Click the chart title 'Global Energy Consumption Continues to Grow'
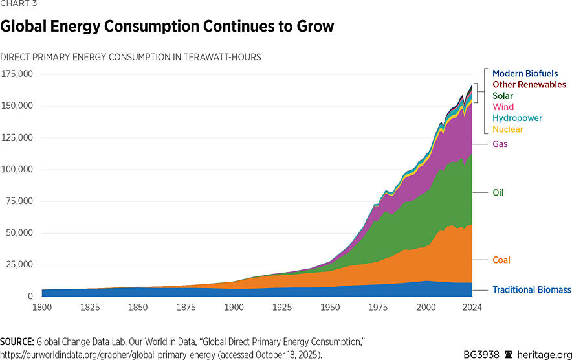click(167, 27)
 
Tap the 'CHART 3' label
click(19, 4)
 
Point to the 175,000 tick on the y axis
click(17, 74)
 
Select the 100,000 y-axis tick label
click(17, 170)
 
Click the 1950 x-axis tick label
click(330, 307)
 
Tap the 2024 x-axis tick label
click(472, 307)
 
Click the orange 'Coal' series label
click(501, 260)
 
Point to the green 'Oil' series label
click(498, 192)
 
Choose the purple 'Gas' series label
click(500, 144)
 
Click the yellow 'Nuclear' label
click(508, 129)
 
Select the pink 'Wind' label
click(503, 107)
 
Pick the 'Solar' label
click(503, 96)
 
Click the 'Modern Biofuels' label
click(525, 74)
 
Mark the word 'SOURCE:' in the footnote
click(17, 341)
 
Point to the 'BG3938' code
click(481, 354)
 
